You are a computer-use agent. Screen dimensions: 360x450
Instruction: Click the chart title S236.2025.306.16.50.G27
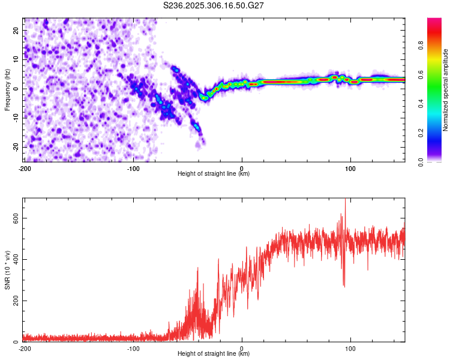214,5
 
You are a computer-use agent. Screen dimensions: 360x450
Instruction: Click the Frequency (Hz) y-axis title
7,89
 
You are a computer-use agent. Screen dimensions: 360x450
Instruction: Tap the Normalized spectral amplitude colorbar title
446,90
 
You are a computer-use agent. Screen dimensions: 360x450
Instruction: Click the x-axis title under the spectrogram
214,174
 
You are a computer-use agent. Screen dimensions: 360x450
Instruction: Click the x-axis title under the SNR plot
214,354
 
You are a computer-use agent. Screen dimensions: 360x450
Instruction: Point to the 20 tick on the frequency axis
16,30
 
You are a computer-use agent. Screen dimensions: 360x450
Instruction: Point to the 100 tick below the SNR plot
350,348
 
